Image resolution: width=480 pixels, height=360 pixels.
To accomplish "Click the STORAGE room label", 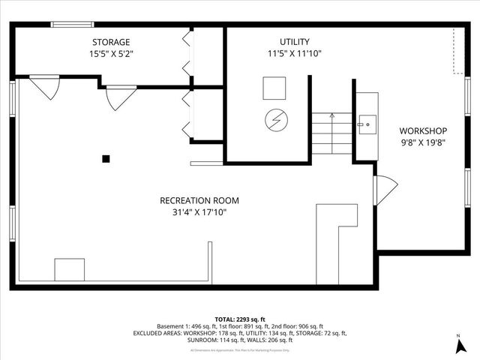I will click(x=111, y=42).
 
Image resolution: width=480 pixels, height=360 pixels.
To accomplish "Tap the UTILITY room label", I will click(x=294, y=42).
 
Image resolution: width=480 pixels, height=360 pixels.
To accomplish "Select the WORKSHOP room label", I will click(x=422, y=130).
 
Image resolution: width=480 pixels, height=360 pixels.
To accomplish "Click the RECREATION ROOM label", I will click(x=199, y=200).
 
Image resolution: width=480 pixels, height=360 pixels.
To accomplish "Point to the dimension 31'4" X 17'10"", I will click(x=199, y=212).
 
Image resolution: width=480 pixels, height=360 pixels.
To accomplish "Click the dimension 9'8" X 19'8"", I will click(x=422, y=142).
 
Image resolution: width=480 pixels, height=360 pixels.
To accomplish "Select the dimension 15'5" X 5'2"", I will click(x=111, y=54).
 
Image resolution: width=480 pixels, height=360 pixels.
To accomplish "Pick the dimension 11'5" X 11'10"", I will click(x=294, y=54).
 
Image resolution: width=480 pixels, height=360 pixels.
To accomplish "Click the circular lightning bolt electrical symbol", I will click(x=275, y=119).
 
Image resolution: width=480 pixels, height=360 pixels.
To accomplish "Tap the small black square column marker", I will click(x=106, y=158).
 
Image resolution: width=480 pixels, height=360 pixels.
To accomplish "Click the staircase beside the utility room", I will click(x=331, y=133).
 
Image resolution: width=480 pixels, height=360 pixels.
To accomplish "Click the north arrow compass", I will click(x=458, y=346).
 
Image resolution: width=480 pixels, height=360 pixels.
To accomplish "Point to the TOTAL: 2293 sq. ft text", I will click(x=240, y=319).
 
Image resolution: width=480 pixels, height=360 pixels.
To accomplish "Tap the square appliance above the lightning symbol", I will click(x=274, y=88).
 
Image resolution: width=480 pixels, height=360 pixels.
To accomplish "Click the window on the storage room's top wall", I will click(x=72, y=25).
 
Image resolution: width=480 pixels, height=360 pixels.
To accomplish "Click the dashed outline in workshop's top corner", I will click(x=457, y=52).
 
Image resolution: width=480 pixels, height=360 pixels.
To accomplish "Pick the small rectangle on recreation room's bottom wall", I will click(x=69, y=269).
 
